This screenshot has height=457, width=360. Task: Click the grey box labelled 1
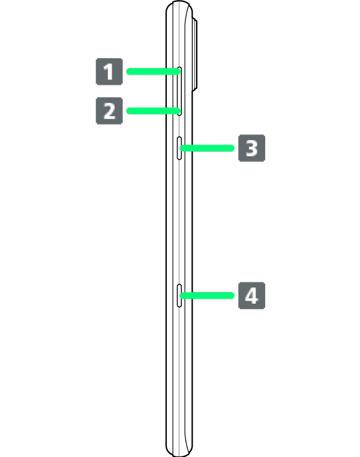coord(109,72)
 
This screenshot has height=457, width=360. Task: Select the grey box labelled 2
coord(109,111)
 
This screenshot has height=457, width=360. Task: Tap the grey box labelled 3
coord(251,148)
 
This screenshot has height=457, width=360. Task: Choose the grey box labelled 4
coord(251,295)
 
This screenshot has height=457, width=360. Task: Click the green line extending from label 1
coord(153,72)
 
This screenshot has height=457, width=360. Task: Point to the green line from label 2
coord(153,110)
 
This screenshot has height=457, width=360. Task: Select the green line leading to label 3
coord(207,148)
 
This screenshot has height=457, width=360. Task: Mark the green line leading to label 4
coord(207,295)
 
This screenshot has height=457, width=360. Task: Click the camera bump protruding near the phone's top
coord(196,54)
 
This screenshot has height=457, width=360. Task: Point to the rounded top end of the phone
coord(179,7)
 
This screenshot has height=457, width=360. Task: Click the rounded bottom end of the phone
coord(179,450)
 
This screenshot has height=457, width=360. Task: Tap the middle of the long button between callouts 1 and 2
coord(180,91)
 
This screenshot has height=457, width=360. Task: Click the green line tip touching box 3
coord(232,148)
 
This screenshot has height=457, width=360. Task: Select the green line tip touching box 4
coord(232,295)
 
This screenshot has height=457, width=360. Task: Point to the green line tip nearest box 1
coord(129,72)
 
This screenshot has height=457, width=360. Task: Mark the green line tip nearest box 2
coord(129,110)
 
